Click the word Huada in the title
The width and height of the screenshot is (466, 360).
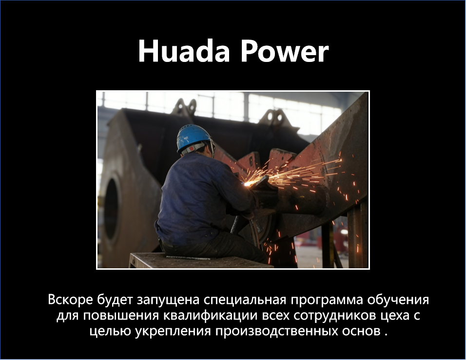point(184,51)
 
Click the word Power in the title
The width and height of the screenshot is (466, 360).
point(284,51)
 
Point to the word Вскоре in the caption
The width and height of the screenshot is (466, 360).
point(70,300)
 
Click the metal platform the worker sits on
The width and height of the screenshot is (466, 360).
point(199,260)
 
